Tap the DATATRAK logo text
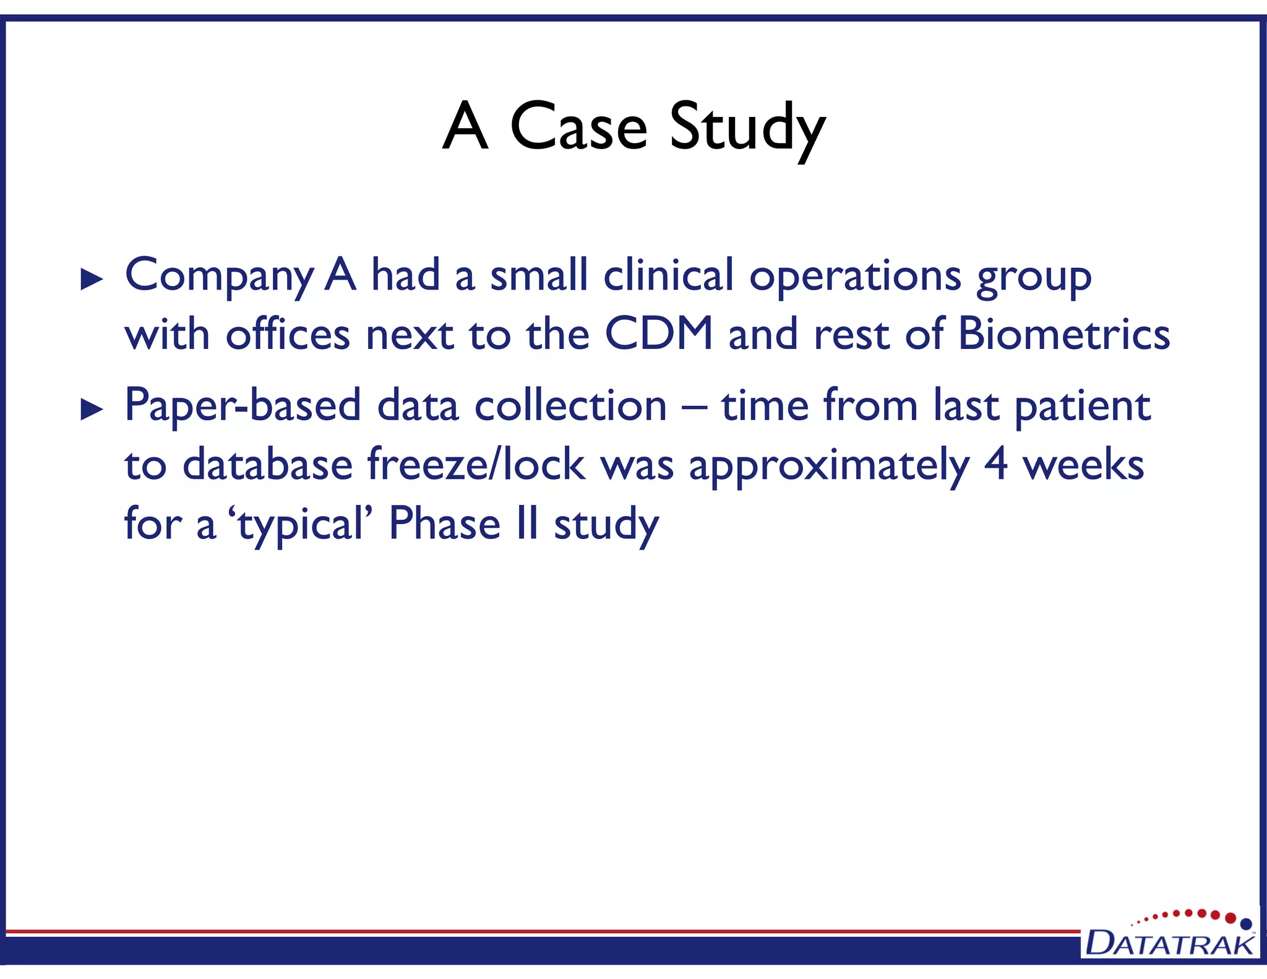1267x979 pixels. point(1169,943)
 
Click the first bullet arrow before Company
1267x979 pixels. point(92,280)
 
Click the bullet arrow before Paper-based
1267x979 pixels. point(92,410)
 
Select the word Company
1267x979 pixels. point(219,276)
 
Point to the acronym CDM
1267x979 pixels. point(659,334)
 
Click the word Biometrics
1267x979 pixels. point(1063,334)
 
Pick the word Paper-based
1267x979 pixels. point(243,406)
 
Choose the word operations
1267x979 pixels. point(855,276)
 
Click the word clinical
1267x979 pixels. point(668,275)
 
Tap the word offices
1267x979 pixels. point(288,334)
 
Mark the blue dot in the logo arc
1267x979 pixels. point(1246,924)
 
